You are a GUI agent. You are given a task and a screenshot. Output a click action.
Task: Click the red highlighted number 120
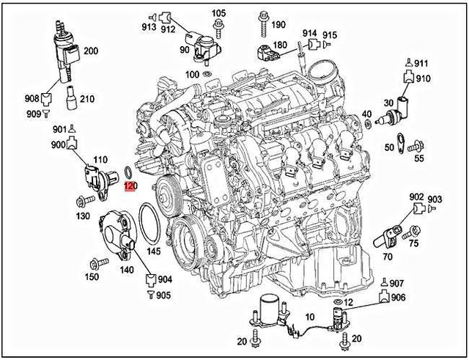coord(130,187)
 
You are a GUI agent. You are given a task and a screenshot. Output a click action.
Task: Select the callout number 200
coord(90,51)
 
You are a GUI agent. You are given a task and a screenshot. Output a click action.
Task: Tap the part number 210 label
coord(86,99)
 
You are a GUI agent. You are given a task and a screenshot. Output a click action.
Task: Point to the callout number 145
coord(152,251)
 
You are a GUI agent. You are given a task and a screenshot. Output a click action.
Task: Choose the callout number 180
coord(279,45)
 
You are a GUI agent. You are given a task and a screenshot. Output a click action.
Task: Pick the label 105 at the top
coord(219,14)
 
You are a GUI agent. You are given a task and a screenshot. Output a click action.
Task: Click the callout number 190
coord(278,24)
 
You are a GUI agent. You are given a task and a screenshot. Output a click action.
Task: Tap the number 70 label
coord(388,257)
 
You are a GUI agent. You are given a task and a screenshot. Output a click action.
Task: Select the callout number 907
coord(396,283)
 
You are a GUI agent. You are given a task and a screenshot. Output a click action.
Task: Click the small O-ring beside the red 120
coord(128,173)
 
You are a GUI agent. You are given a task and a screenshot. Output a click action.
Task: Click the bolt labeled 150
coord(95,263)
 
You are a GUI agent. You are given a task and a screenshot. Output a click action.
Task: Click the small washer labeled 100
coord(207,75)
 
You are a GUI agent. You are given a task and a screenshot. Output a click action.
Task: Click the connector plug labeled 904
coord(151,279)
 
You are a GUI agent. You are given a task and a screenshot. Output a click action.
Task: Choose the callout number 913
coord(149,28)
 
